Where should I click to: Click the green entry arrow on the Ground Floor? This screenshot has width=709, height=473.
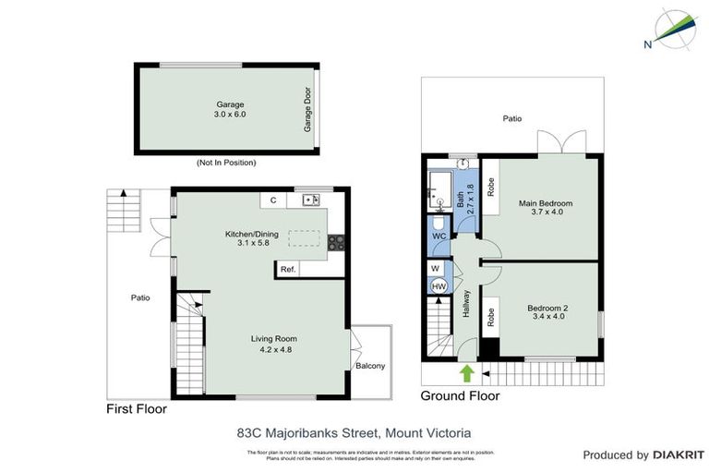point(467,372)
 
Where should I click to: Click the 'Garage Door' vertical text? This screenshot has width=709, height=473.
point(307,110)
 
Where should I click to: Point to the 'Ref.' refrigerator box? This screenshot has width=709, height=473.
point(287,269)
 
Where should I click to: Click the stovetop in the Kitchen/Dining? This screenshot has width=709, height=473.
point(336,244)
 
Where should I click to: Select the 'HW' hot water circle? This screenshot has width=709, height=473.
point(439,285)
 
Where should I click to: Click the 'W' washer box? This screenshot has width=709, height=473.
point(436,268)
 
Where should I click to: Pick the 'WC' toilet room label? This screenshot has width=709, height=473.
point(439,236)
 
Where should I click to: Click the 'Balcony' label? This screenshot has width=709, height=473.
point(370,366)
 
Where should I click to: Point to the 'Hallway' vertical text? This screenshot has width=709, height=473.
point(467,306)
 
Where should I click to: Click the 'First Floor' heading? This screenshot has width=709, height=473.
point(139,408)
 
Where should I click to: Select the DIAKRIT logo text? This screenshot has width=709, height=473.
point(678,455)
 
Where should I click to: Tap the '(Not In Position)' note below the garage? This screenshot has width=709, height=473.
point(226,163)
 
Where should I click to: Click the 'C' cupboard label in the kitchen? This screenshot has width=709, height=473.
point(273,200)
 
